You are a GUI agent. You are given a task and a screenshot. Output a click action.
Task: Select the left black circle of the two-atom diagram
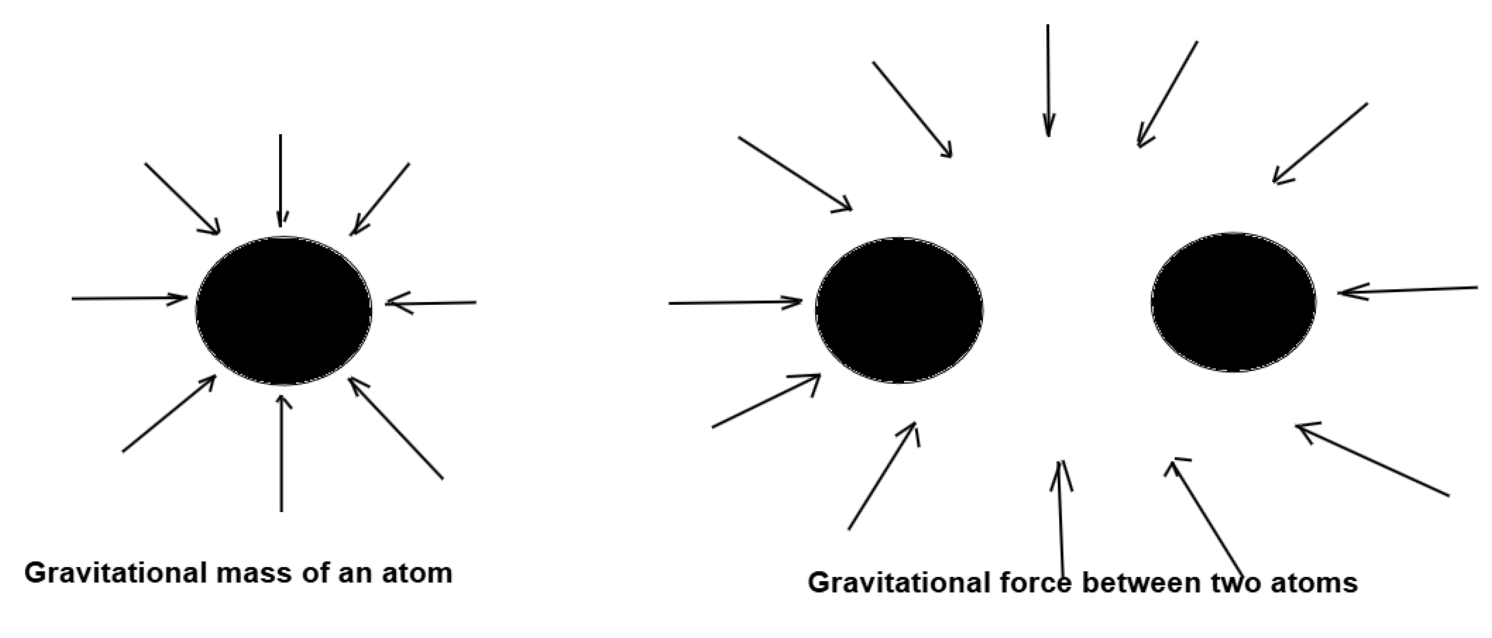pos(899,310)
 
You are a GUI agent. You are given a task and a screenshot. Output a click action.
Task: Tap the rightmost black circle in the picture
pos(1233,302)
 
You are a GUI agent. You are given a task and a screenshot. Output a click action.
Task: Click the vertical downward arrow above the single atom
pos(280,179)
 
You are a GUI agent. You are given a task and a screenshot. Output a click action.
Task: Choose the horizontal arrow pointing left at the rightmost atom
pos(1408,290)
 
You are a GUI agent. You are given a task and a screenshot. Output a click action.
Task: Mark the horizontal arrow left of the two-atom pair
pos(735,302)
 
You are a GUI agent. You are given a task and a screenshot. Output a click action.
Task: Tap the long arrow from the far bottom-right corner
pos(1372,460)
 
